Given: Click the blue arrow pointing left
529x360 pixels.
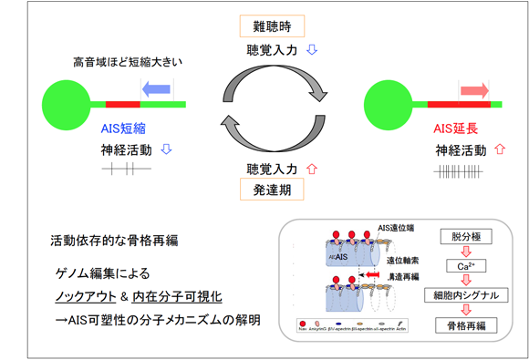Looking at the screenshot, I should click(157, 88).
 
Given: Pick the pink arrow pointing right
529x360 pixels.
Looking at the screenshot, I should click(473, 89).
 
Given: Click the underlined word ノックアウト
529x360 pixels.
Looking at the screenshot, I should click(88, 297).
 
